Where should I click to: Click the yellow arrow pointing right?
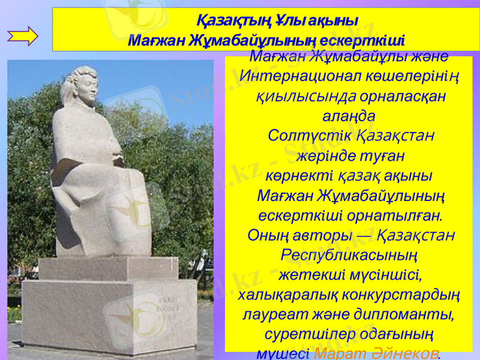23,36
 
